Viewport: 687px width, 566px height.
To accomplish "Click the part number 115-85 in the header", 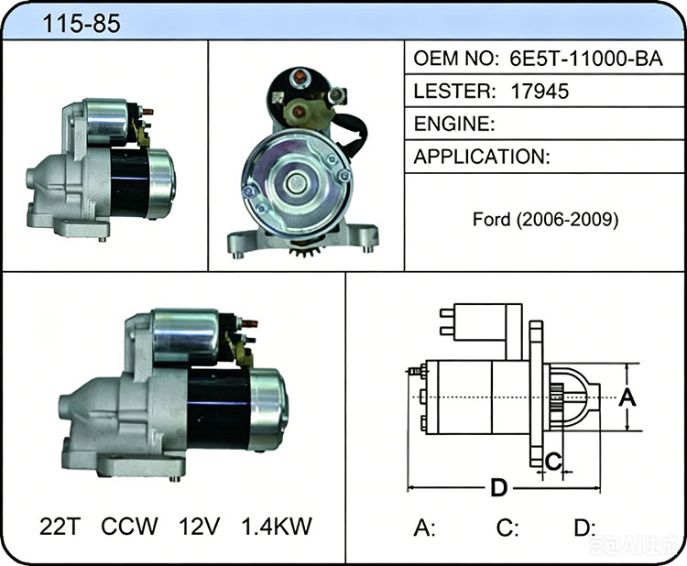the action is coord(81,24).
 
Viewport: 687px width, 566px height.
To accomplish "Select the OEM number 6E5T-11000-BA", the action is coord(586,59).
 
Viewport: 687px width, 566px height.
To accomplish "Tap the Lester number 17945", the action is coord(540,91).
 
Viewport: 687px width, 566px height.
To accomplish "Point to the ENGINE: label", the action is coord(454,124).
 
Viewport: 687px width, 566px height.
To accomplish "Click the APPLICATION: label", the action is coord(482,157).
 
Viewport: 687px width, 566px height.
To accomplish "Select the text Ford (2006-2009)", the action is coord(546,219).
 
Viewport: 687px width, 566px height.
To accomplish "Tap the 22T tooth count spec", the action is coord(60,526).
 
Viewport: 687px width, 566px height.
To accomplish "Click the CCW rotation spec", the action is coord(129,526).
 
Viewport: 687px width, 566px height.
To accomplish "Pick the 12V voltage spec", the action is coord(199,526).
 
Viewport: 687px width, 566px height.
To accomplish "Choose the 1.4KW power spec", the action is coord(277,526).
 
